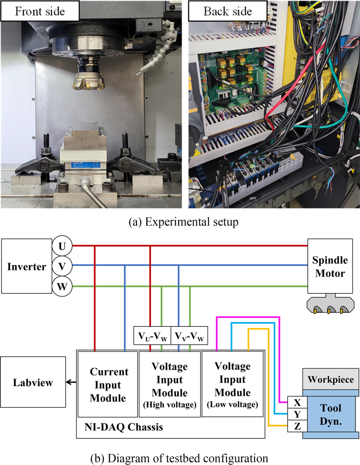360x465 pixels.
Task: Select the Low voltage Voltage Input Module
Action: point(232,384)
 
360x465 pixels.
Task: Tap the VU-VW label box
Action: point(153,336)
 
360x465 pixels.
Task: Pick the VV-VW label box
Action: point(189,336)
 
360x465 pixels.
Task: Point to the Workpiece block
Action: point(330,379)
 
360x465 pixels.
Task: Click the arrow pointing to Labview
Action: point(70,383)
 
